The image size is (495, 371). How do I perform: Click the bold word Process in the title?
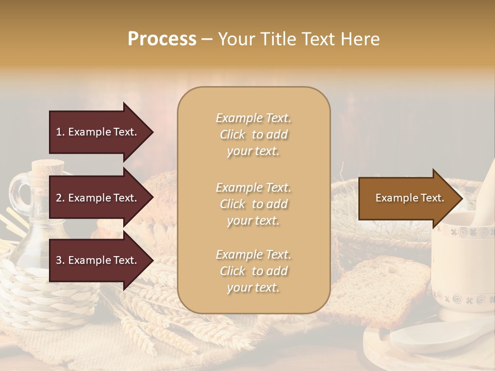[x=162, y=39]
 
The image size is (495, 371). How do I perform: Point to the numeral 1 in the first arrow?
[x=58, y=132]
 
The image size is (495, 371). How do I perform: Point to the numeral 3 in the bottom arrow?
[x=59, y=260]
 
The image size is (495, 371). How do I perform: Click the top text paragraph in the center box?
[x=254, y=134]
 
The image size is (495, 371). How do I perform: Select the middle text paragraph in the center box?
[x=254, y=204]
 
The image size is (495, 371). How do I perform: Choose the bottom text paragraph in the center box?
[x=254, y=271]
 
